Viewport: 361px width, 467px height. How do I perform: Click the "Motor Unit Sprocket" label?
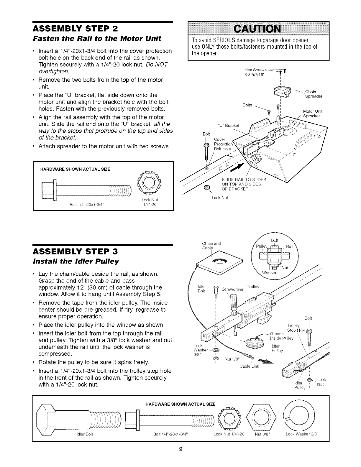pyautogui.click(x=312, y=114)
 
